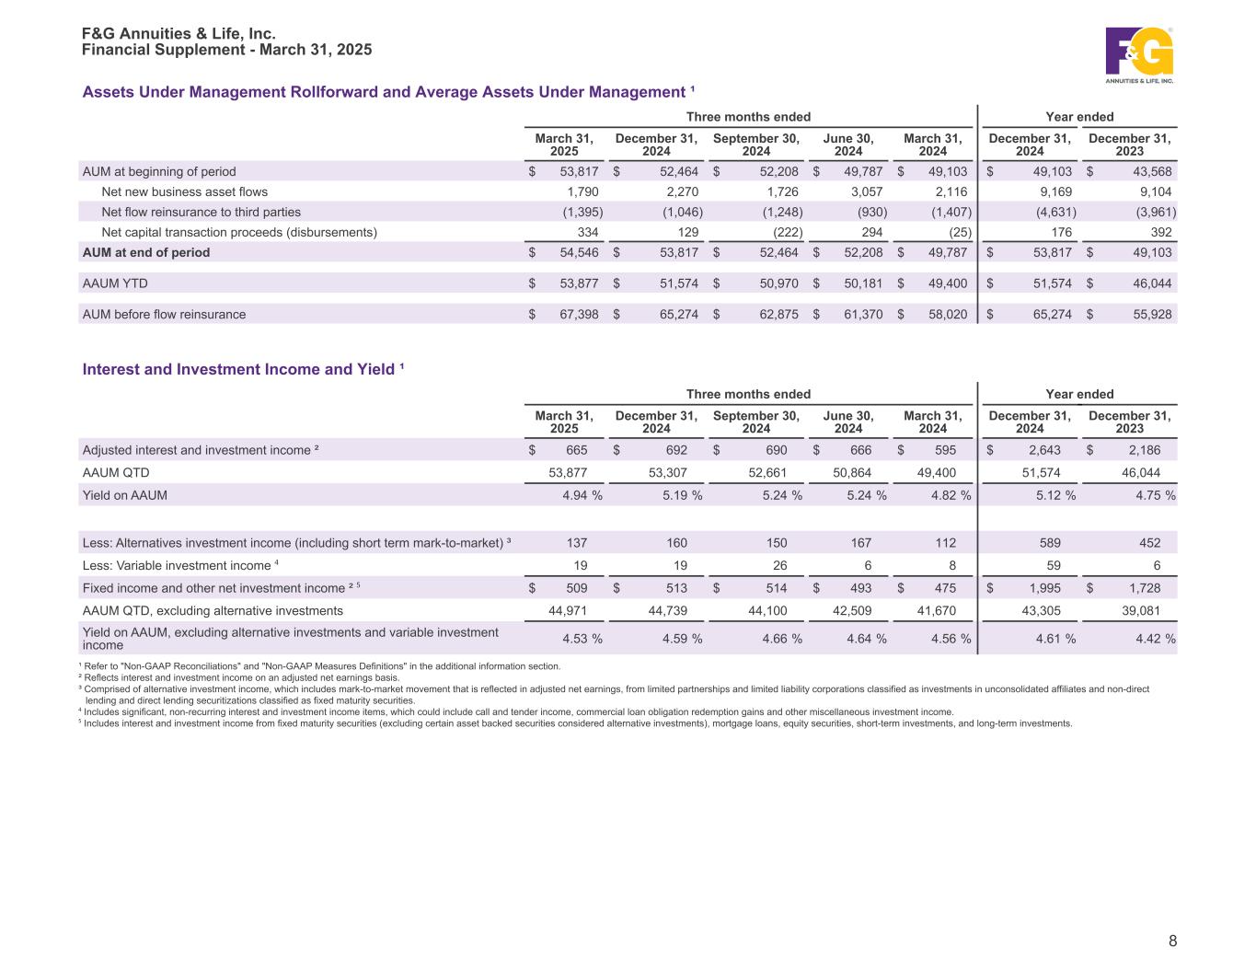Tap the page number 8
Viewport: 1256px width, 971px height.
[1172, 941]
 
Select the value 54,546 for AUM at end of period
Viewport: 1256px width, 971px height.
[579, 253]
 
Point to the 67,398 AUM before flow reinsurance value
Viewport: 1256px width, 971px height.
[579, 315]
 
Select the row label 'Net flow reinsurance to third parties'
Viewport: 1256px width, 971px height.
[201, 213]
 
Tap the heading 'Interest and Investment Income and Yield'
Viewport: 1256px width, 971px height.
[244, 369]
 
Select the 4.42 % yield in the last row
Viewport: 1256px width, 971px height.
[1153, 640]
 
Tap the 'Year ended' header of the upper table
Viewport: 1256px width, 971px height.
[1079, 117]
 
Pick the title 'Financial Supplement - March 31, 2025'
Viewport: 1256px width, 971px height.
[227, 50]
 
